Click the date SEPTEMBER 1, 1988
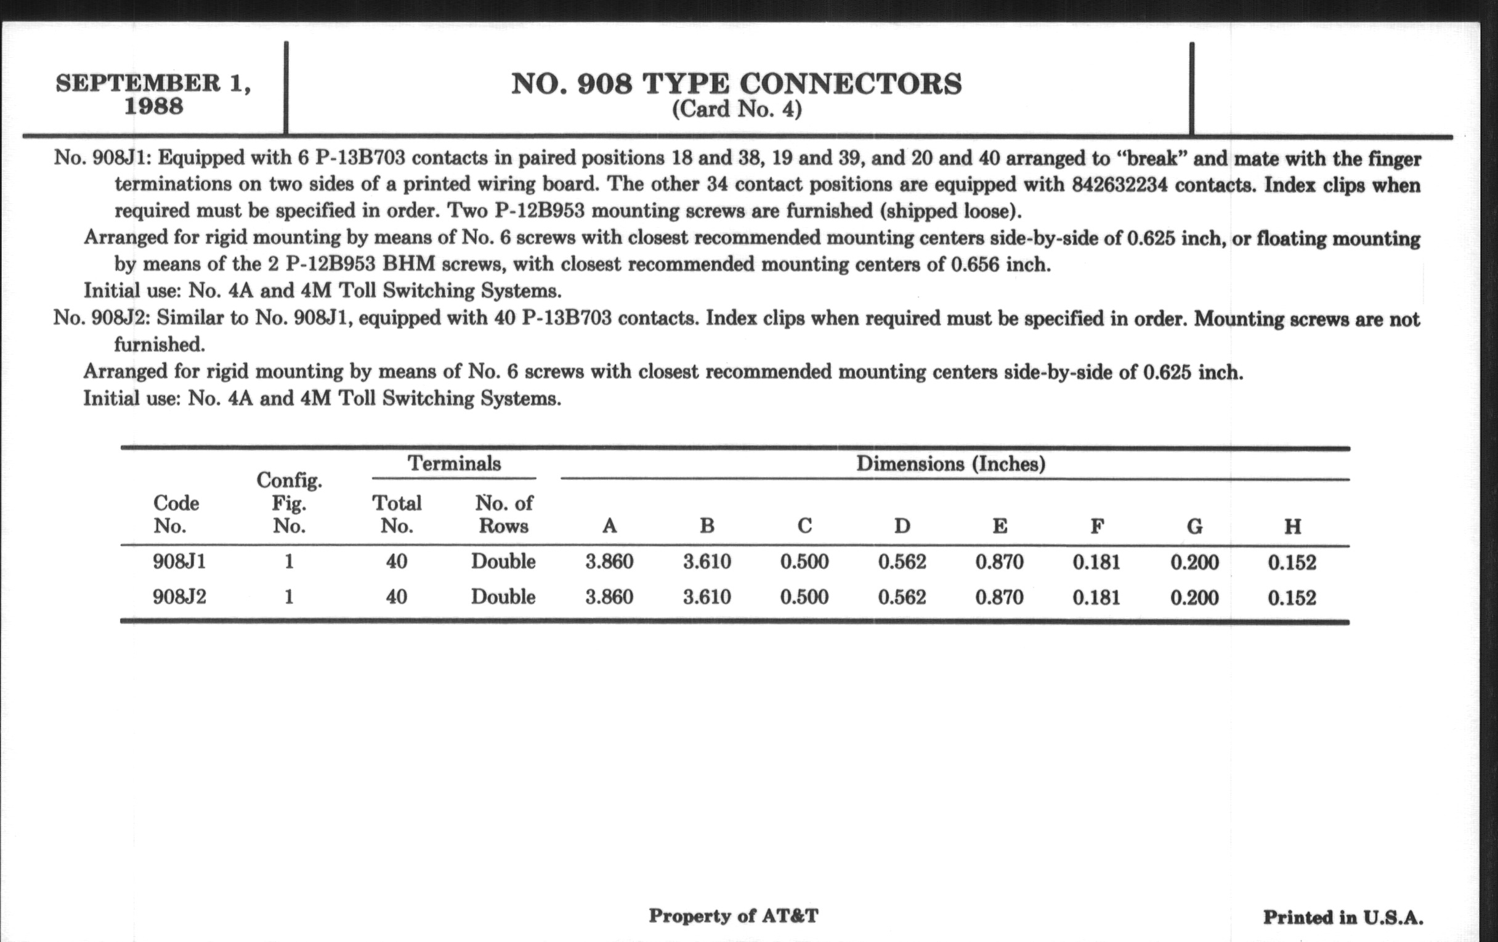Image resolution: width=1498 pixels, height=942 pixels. click(x=153, y=94)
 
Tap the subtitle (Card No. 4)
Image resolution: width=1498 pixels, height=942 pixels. click(x=737, y=110)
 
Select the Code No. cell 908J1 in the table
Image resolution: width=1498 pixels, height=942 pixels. click(x=179, y=562)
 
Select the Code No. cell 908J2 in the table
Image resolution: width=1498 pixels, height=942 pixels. click(x=179, y=598)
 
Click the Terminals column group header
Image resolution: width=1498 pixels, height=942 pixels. click(x=454, y=464)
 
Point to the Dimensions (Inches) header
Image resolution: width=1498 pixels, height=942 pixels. click(x=950, y=464)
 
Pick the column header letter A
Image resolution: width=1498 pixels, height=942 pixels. click(x=610, y=526)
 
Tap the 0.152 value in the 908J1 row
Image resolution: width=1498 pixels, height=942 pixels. click(x=1292, y=563)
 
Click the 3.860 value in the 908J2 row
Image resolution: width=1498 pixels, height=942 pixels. click(x=609, y=598)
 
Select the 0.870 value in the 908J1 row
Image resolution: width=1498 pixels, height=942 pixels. click(x=999, y=562)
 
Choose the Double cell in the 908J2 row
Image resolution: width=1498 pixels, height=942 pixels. click(x=503, y=598)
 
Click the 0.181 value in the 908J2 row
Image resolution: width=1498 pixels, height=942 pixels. click(x=1096, y=598)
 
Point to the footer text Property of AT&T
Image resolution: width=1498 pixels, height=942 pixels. click(x=734, y=916)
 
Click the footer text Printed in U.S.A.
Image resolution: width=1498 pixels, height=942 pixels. click(x=1343, y=918)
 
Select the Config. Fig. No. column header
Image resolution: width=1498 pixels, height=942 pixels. click(x=289, y=503)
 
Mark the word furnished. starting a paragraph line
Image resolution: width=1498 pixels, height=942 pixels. click(x=160, y=344)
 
